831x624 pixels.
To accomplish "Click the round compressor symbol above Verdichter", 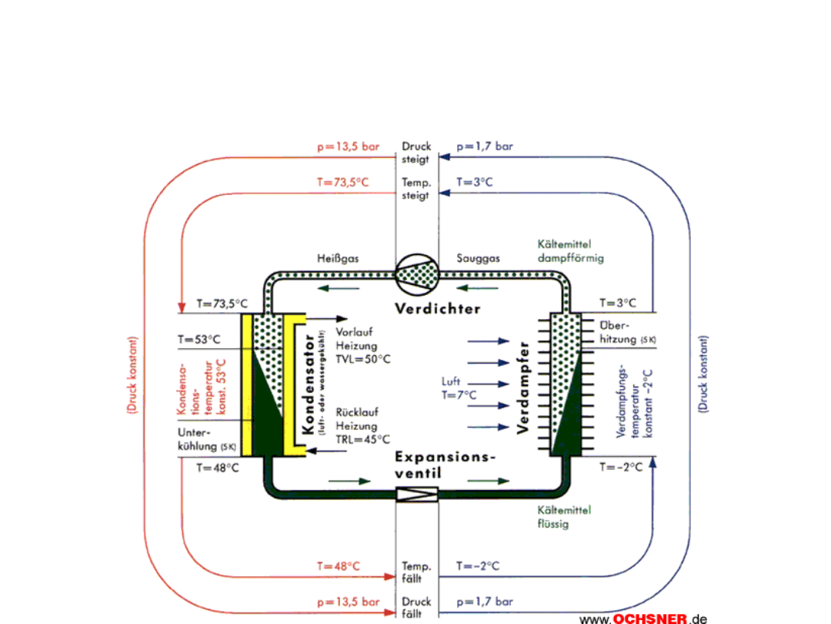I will pos(416,273).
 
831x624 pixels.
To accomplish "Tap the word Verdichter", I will pos(437,309).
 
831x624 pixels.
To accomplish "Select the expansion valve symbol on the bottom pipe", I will pos(416,494).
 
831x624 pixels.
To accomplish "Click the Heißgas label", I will pos(337,258).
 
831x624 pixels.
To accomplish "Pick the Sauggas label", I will pos(478,258).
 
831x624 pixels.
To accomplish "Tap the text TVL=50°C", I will pos(363,359).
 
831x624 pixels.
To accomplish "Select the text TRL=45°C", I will pos(362,439).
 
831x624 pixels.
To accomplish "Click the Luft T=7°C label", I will pos(459,388).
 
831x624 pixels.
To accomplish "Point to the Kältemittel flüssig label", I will pos(564,517).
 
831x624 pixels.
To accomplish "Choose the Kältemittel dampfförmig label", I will pos(570,251).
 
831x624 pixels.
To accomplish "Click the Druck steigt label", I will pos(416,152).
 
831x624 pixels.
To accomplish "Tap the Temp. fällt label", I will pos(416,572).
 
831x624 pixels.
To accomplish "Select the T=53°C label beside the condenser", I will pos(199,338).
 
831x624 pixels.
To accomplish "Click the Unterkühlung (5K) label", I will pos(206,439).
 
